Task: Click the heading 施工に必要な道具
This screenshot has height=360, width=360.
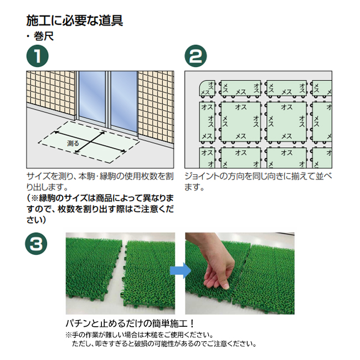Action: click(x=75, y=20)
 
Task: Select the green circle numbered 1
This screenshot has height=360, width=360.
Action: click(x=38, y=56)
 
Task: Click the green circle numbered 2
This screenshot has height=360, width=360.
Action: click(x=196, y=56)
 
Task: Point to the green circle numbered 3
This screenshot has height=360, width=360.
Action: click(x=36, y=243)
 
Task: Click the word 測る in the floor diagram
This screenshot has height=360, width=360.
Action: click(x=73, y=143)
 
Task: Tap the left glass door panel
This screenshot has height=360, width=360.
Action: click(x=92, y=96)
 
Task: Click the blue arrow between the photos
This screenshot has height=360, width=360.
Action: click(x=181, y=271)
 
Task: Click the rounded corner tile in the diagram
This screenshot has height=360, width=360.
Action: click(x=207, y=88)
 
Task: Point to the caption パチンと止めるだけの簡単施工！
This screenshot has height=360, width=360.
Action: click(x=130, y=323)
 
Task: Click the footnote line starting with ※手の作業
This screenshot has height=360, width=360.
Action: click(x=140, y=335)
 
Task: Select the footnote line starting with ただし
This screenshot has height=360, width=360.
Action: click(x=164, y=344)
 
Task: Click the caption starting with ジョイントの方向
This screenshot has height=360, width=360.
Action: click(x=258, y=182)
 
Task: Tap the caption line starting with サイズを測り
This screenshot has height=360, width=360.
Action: click(x=100, y=176)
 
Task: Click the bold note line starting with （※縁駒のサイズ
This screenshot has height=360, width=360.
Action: click(x=100, y=198)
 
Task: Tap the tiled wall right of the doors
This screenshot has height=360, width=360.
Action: click(x=156, y=106)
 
